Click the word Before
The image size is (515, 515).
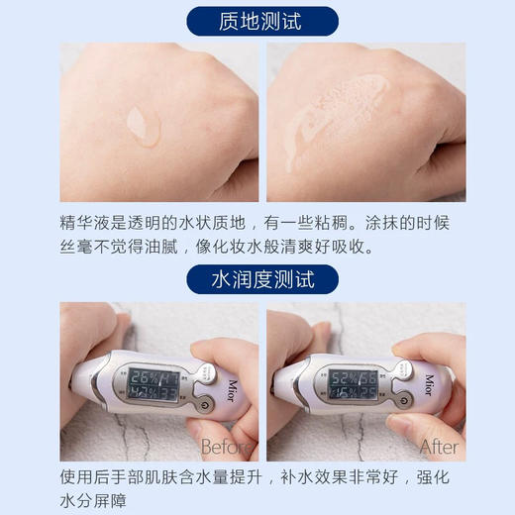pos(228,447)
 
